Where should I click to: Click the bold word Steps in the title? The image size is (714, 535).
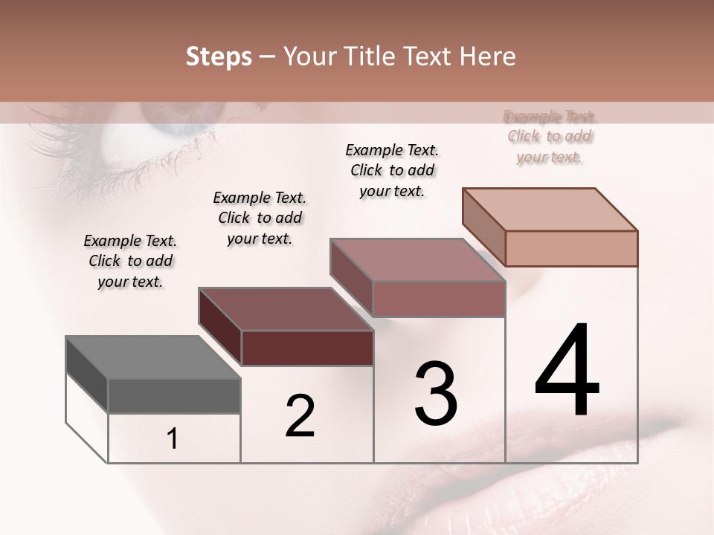[x=218, y=56]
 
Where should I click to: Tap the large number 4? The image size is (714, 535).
[x=567, y=372]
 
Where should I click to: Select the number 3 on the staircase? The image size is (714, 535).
[x=436, y=394]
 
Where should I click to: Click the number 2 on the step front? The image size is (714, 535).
[x=300, y=416]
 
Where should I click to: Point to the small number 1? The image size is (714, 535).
[x=172, y=439]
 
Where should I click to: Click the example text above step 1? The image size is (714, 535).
[x=130, y=261]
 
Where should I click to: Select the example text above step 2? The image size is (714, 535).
[x=260, y=218]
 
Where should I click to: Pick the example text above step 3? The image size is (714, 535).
[x=392, y=170]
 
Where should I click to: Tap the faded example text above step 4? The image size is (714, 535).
[x=550, y=137]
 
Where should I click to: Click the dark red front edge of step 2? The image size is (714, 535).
[x=307, y=348]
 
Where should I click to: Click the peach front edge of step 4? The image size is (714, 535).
[x=571, y=248]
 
